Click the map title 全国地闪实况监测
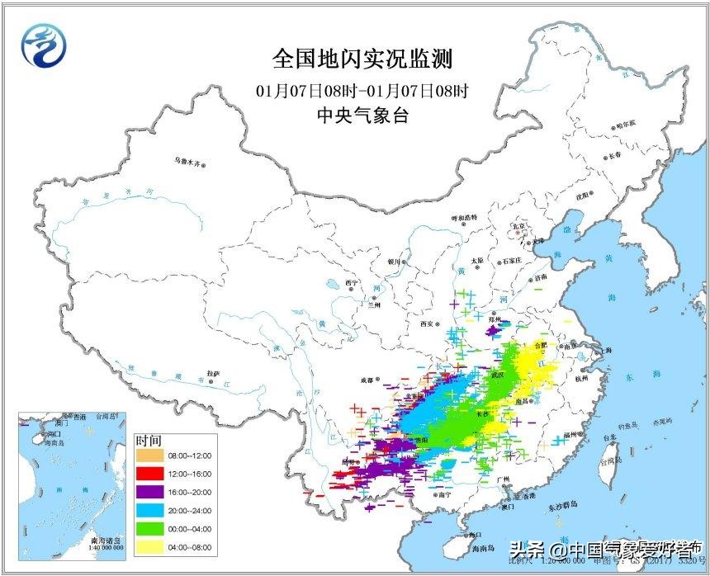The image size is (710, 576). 363,59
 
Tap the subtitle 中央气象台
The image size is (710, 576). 363,116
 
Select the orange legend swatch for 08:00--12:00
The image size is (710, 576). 149,454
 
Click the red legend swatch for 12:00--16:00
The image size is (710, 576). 149,473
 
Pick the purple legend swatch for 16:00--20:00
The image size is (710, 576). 149,492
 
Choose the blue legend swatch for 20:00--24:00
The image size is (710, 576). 149,511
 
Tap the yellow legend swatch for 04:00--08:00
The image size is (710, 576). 149,548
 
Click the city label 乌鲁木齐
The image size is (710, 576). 187,163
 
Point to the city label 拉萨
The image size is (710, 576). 215,372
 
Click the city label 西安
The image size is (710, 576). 426,324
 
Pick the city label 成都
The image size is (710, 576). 367,380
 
